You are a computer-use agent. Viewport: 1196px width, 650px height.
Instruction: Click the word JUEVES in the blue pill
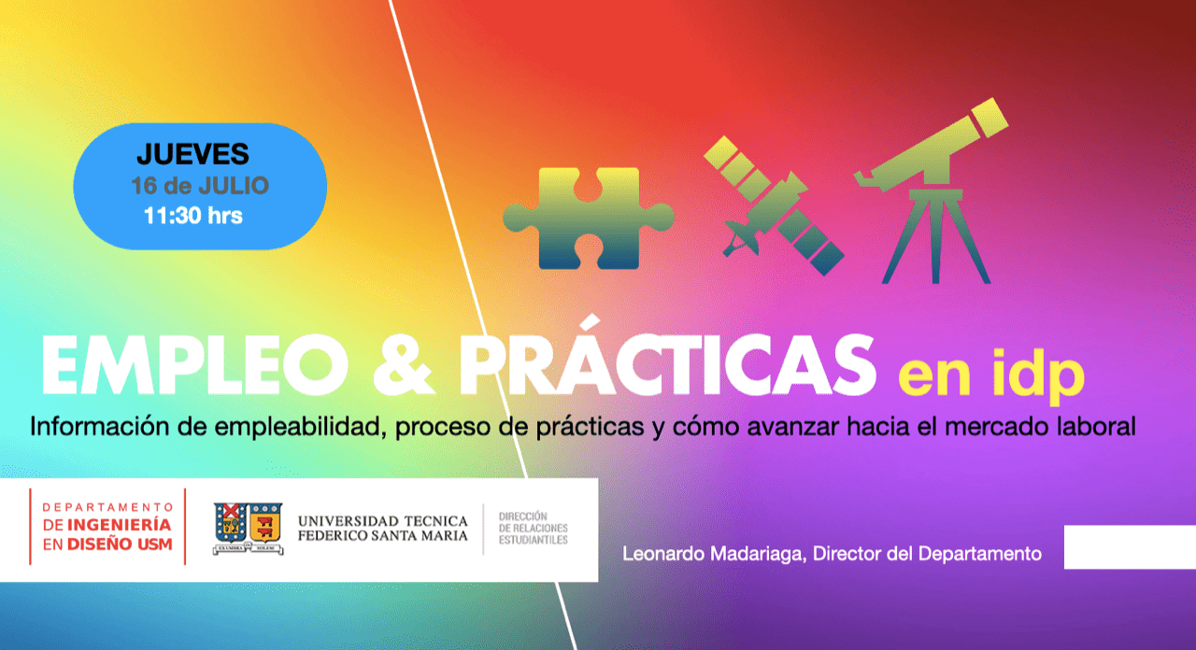(x=192, y=154)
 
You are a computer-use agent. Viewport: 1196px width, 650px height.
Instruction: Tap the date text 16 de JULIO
(x=200, y=186)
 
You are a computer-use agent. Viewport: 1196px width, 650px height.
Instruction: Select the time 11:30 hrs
(x=193, y=216)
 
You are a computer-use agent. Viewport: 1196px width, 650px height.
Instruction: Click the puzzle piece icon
(x=589, y=219)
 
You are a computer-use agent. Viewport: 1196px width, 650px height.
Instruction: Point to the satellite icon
(x=774, y=205)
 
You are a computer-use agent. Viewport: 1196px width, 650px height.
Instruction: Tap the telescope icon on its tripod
(x=932, y=191)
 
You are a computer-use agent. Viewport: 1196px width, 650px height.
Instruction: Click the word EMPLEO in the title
(x=194, y=365)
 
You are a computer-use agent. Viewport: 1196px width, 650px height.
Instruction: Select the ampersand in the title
(x=403, y=365)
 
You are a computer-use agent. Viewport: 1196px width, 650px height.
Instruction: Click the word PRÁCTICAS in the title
(x=667, y=357)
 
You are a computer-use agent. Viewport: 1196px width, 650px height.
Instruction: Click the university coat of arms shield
(x=249, y=528)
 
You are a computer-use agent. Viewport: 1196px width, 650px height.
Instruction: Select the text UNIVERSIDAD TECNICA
(x=383, y=521)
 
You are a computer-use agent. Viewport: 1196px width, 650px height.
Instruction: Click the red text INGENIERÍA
(x=119, y=524)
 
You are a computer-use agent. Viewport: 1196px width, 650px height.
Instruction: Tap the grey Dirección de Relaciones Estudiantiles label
(x=533, y=529)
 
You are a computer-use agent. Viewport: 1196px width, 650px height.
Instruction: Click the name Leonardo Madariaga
(x=713, y=554)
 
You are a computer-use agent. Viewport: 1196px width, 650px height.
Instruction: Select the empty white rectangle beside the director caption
(x=1130, y=547)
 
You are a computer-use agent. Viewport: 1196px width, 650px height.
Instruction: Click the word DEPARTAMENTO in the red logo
(x=107, y=507)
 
